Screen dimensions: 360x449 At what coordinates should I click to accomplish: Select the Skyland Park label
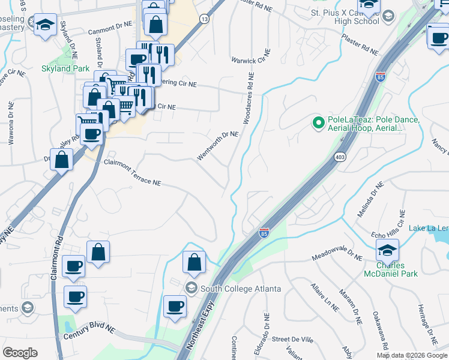coord(82,69)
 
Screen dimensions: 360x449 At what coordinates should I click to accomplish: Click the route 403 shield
coord(339,157)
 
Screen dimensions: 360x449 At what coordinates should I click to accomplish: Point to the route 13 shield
coord(205,19)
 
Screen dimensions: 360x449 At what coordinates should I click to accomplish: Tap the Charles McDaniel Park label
coord(390,269)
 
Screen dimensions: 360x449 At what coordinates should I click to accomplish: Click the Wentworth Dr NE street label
coord(218,146)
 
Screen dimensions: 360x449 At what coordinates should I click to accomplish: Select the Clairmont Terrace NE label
coord(133,172)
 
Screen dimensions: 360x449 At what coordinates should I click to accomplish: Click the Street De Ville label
coord(292,340)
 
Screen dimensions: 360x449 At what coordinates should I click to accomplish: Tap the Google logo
coord(20,353)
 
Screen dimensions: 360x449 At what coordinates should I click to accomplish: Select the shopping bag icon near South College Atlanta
coord(194,262)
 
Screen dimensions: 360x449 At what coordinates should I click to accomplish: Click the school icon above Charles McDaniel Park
coord(388,249)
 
